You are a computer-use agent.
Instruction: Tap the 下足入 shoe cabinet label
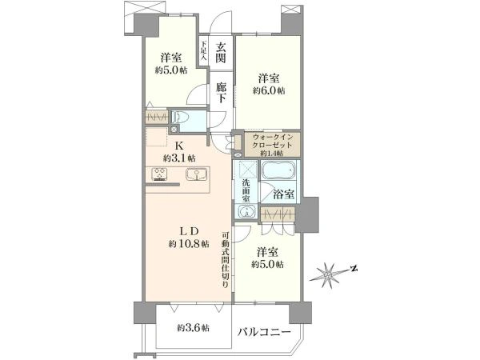203,52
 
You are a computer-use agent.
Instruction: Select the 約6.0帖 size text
269,90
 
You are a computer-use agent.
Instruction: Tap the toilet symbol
181,118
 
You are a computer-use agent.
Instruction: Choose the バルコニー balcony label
264,330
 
